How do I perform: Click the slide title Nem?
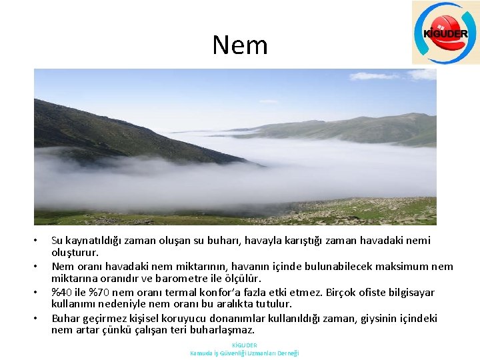(x=240, y=45)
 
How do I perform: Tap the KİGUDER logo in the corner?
(x=445, y=33)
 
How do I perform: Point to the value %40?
(x=61, y=292)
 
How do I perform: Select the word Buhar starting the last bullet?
(x=65, y=318)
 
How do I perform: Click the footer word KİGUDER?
(x=244, y=345)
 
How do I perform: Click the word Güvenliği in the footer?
(x=232, y=353)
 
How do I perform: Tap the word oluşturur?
(x=75, y=253)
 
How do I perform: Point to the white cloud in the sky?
(x=373, y=76)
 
